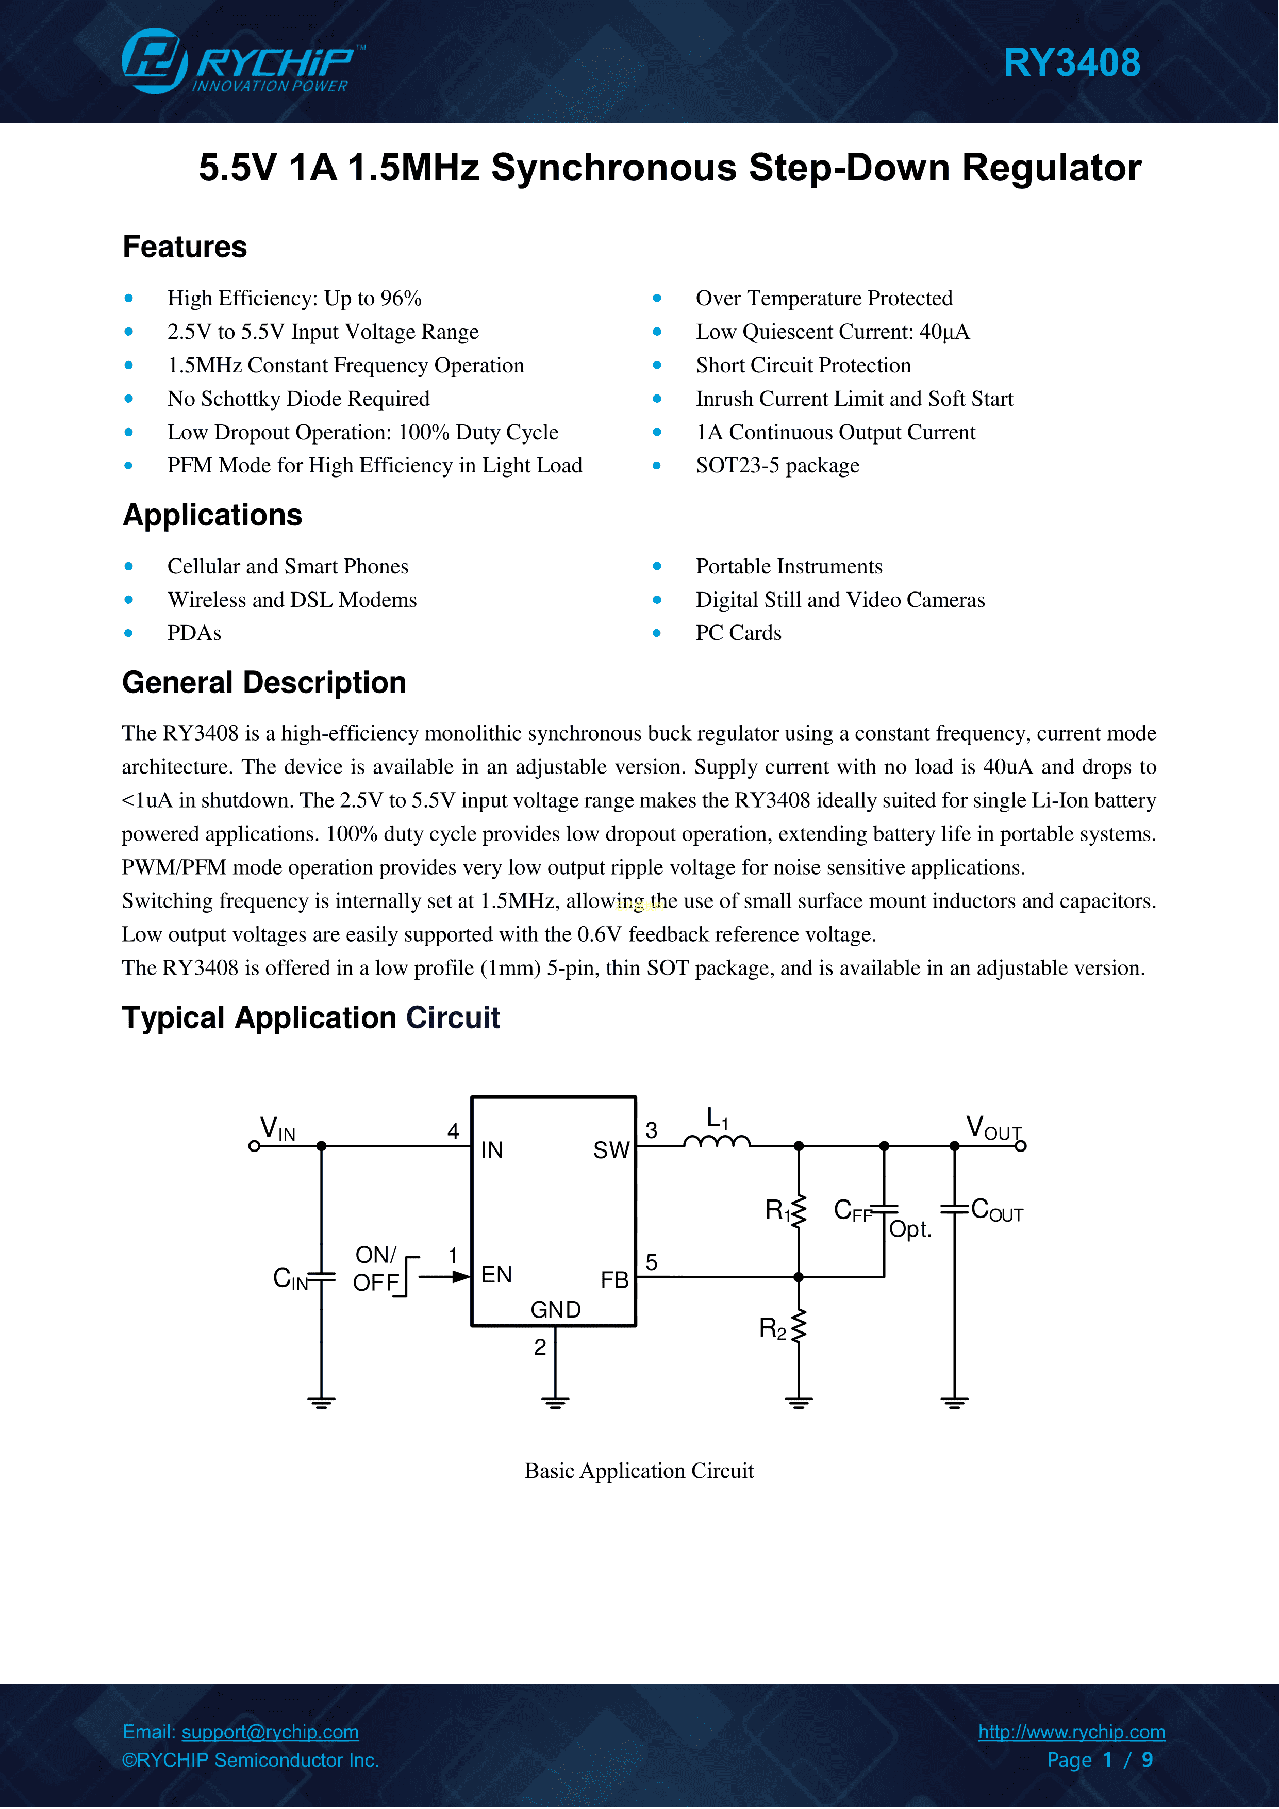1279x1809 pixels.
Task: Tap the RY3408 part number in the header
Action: click(1071, 63)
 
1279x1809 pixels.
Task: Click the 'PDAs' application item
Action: click(194, 633)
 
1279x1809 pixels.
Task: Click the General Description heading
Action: click(264, 682)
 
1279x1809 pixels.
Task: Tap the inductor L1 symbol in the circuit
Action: click(717, 1141)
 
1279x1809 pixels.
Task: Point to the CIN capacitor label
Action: click(290, 1278)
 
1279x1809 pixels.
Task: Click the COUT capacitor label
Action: click(996, 1210)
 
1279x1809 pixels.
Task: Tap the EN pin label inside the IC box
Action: click(496, 1275)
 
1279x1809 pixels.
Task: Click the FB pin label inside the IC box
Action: click(614, 1279)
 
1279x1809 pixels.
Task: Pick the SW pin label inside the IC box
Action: click(611, 1150)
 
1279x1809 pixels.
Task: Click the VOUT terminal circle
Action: click(1021, 1146)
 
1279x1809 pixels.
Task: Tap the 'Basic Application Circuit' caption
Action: click(639, 1471)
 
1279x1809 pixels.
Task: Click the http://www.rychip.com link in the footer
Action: click(1071, 1732)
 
